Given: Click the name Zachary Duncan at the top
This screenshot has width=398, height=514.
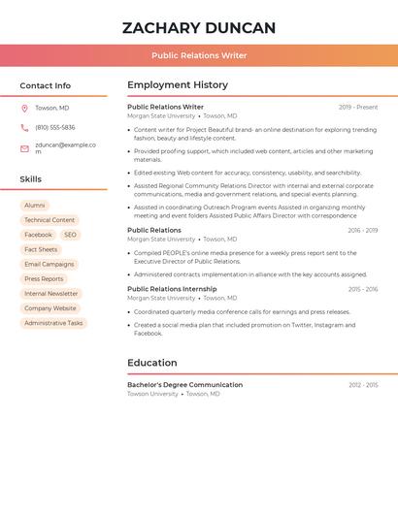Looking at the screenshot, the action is [x=199, y=28].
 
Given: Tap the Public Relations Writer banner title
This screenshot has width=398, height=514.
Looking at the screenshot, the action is [x=199, y=55].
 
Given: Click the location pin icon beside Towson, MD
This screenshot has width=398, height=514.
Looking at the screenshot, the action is [x=24, y=109].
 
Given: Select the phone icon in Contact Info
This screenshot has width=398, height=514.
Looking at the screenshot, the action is [x=24, y=128].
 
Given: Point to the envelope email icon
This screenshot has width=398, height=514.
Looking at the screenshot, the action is [x=24, y=148].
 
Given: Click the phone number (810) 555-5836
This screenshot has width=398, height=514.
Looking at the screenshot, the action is [x=55, y=128].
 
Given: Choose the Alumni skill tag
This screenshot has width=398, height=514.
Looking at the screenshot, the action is [x=35, y=206].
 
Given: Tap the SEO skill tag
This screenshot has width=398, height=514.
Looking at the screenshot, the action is [x=71, y=235].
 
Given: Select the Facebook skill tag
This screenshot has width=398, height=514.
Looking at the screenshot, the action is [x=39, y=235].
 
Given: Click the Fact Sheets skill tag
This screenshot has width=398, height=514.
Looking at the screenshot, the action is [x=41, y=249].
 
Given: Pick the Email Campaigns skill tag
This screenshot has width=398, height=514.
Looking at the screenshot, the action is [x=49, y=265].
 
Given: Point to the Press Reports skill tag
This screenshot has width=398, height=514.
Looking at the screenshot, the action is [x=44, y=279].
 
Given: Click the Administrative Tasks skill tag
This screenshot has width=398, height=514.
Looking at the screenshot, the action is [x=53, y=323].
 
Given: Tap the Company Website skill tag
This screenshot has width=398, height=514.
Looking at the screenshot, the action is [x=50, y=308].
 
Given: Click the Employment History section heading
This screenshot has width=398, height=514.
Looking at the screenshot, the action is [x=178, y=85].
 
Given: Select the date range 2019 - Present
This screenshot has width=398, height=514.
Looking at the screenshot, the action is [x=358, y=108].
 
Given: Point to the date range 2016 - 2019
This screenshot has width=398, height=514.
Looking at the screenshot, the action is [x=362, y=231].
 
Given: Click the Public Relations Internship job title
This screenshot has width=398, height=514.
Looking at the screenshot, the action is [x=172, y=289].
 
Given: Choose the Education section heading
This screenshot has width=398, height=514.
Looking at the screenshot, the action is [x=152, y=364].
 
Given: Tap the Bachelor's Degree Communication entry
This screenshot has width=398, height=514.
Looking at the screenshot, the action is [x=184, y=385].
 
